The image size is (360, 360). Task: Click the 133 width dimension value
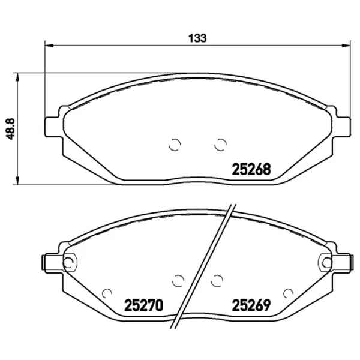pos(197,38)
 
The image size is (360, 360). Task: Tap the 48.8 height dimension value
pos(10,129)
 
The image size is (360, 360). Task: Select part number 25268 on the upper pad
pos(251,169)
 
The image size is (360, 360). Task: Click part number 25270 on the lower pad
pos(143,305)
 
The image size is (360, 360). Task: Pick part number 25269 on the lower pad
pos(251,305)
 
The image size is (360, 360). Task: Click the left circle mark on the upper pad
pos(175,145)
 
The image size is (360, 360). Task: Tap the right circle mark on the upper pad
pos(220,145)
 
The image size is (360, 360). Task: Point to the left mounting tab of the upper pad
pos(53,127)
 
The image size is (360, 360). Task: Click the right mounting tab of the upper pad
pos(341,127)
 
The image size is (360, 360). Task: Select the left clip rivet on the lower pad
pos(68,262)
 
